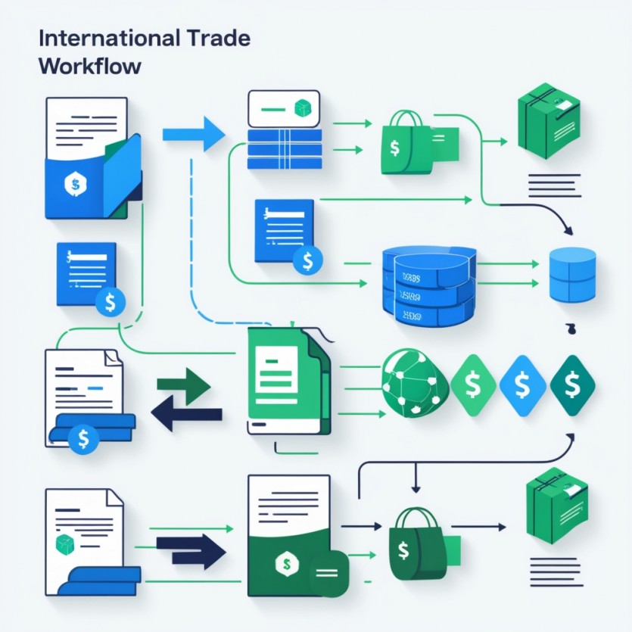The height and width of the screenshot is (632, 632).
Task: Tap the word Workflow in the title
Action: pyautogui.click(x=89, y=66)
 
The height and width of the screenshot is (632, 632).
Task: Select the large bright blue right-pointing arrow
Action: pyautogui.click(x=194, y=135)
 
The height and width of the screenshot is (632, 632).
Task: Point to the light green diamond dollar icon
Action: pyautogui.click(x=473, y=385)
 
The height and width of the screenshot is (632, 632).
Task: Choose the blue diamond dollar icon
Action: pyautogui.click(x=522, y=385)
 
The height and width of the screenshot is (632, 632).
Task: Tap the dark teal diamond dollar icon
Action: pyautogui.click(x=572, y=385)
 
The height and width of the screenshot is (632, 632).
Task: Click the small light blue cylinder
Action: pyautogui.click(x=571, y=275)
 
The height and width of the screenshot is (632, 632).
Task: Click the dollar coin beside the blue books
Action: pyautogui.click(x=83, y=437)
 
